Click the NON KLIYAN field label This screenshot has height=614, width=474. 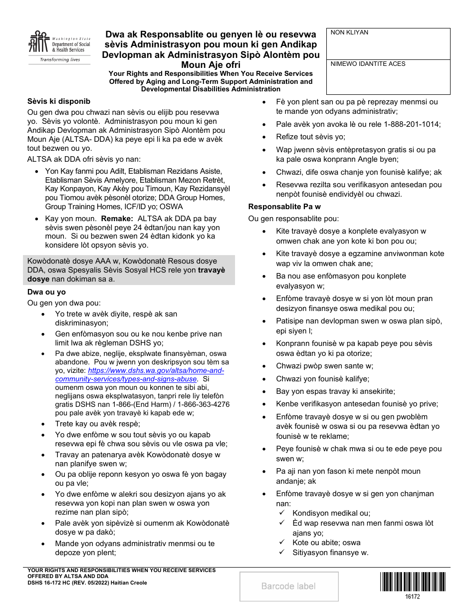[349, 33]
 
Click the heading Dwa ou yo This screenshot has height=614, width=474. [47, 292]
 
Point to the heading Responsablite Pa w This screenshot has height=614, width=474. [284, 206]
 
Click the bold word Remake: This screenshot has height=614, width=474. [117, 219]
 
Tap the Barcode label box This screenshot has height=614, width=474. [289, 586]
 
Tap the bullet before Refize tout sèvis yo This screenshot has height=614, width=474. [264, 137]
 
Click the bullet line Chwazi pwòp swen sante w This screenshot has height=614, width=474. [324, 366]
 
